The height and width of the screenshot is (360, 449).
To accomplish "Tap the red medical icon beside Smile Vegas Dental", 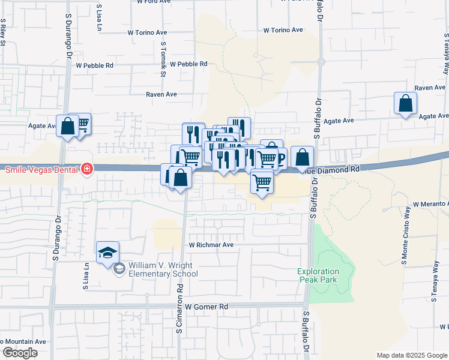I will tap(88, 169).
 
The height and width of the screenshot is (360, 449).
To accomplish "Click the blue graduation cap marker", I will tap(107, 253).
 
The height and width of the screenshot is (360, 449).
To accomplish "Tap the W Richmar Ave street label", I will tap(211, 245).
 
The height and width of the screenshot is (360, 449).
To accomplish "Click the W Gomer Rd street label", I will tap(206, 307).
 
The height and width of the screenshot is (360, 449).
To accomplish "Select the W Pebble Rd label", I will tap(188, 64).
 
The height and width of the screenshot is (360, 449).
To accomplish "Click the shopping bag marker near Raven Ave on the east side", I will tap(405, 103).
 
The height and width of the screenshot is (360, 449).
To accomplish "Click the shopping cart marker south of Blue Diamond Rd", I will tap(261, 182).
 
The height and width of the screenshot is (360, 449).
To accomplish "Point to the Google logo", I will tap(20, 353).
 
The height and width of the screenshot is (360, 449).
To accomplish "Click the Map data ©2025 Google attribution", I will tap(411, 355).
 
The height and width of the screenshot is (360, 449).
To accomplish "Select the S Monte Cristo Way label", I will tap(405, 243).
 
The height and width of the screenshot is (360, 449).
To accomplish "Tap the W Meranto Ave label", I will tap(430, 205).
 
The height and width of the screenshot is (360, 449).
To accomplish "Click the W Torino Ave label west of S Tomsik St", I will tap(146, 34).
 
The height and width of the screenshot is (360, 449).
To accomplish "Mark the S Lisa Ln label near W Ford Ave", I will tap(98, 17).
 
